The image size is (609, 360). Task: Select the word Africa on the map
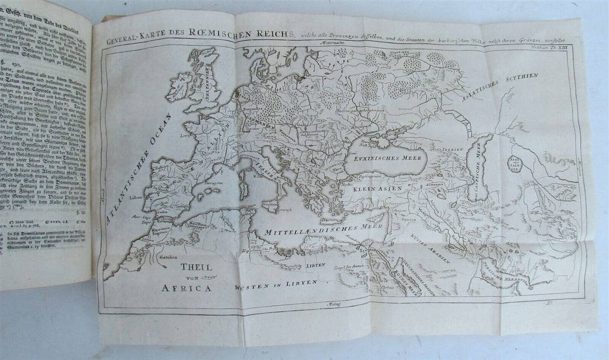coord(186,287)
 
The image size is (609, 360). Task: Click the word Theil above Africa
coord(196,266)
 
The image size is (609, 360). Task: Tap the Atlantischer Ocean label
coord(136,166)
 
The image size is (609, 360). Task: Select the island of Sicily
coord(270,203)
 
